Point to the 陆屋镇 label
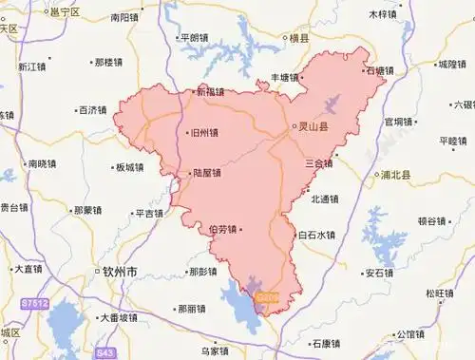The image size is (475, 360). click(x=205, y=174)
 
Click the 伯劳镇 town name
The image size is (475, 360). click(x=224, y=229)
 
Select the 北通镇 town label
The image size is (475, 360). click(x=324, y=199)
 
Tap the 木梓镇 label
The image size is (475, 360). click(x=384, y=14)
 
